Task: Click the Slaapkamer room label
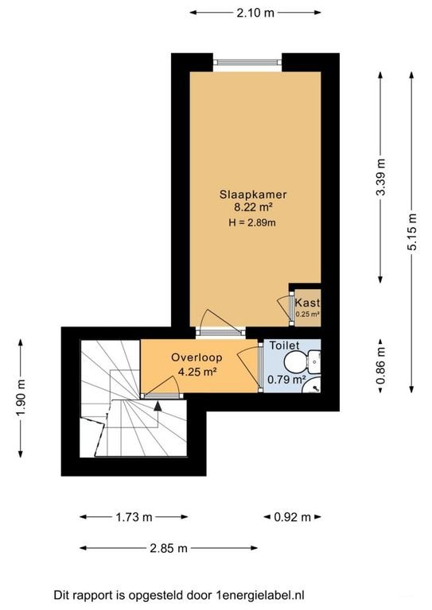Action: point(253,194)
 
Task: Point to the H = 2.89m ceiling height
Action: point(253,222)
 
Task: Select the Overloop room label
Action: point(197,358)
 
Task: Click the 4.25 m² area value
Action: point(197,371)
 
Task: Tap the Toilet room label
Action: point(284,346)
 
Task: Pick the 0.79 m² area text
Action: point(287,380)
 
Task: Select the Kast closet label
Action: point(307,303)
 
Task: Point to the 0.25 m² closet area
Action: point(307,315)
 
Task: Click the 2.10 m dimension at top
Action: point(257,13)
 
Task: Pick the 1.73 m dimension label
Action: point(134,517)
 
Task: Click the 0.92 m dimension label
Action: point(292,517)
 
